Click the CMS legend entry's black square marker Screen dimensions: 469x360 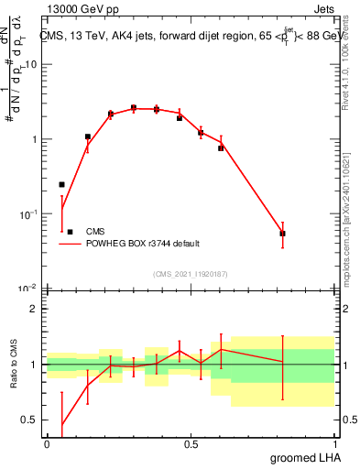[x=70, y=232]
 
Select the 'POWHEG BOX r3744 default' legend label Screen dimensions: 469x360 [x=143, y=244]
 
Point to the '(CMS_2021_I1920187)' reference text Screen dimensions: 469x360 [x=190, y=273]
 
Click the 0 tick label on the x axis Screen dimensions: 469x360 [x=46, y=444]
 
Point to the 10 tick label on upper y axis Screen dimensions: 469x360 [x=30, y=65]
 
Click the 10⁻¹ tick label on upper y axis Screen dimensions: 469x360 [x=27, y=213]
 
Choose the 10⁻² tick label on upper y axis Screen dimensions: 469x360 [x=27, y=288]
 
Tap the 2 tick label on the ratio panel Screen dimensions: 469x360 [x=34, y=309]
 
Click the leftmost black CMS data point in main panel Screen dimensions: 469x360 [x=61, y=184]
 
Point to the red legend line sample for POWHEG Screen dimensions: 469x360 [x=70, y=244]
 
